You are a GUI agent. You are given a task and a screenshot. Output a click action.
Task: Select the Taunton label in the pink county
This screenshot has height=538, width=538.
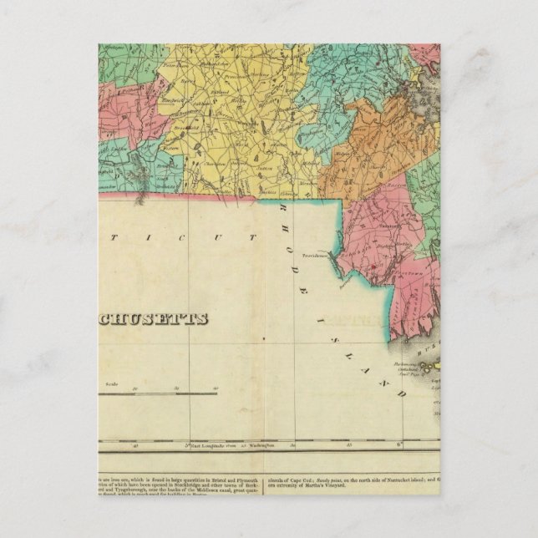click(x=387, y=224)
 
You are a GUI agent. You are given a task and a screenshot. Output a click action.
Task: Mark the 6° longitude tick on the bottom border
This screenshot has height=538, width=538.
click(x=399, y=444)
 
